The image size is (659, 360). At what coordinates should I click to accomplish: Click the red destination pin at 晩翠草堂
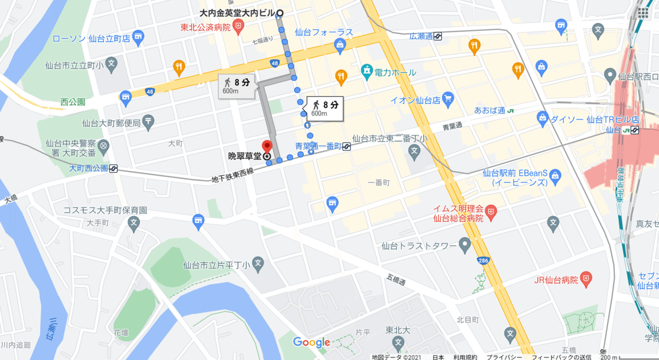267,147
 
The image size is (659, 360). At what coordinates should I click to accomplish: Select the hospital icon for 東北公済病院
238,26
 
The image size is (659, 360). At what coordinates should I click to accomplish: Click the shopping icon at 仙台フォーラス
340,44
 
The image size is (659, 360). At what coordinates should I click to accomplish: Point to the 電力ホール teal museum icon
366,71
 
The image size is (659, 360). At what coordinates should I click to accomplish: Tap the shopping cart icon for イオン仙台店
449,99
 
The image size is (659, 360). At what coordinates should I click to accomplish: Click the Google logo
311,342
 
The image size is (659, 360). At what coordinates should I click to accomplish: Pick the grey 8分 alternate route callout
237,86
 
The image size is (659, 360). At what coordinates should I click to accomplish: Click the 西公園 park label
73,102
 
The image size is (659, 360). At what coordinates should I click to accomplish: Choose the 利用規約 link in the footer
463,357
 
